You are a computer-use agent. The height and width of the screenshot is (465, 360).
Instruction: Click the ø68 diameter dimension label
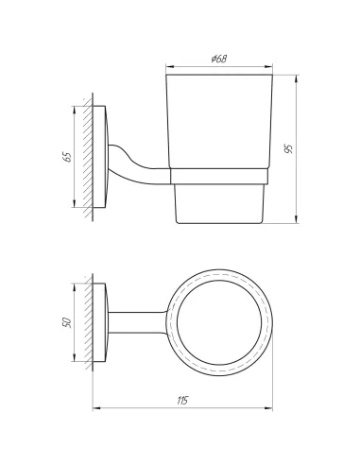(x=219, y=59)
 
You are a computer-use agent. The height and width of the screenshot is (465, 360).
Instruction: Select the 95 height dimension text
(x=288, y=148)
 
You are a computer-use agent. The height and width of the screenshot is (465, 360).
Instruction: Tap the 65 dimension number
(x=67, y=157)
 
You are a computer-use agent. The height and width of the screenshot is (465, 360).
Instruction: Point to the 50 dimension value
(x=67, y=322)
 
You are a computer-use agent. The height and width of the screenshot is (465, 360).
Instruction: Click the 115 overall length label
(x=182, y=401)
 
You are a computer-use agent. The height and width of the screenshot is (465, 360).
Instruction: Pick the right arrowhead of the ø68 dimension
(x=268, y=66)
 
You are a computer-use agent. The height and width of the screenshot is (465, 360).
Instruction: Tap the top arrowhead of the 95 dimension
(x=297, y=79)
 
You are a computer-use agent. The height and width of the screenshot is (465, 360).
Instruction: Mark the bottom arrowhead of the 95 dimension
(x=297, y=219)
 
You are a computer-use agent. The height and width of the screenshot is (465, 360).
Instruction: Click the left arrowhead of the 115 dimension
(x=96, y=408)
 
